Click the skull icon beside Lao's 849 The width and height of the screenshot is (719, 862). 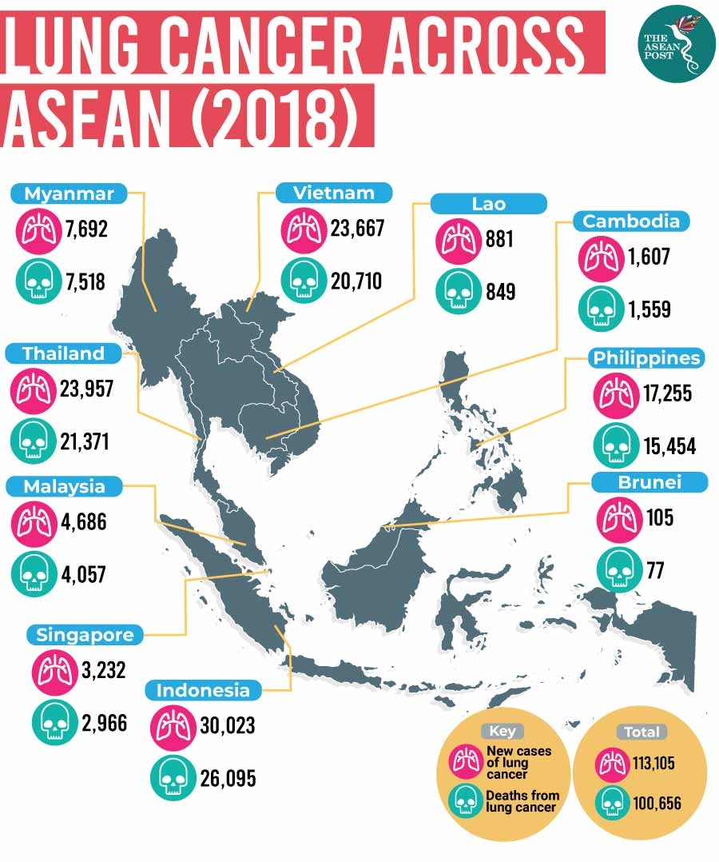tap(457, 291)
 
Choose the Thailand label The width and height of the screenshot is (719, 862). tap(64, 353)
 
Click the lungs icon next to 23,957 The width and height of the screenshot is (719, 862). tap(33, 389)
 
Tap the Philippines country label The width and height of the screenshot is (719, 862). tap(647, 357)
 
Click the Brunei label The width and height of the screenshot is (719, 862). tap(649, 482)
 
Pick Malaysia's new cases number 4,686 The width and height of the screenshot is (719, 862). tap(82, 523)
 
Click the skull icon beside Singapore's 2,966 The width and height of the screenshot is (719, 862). tap(53, 723)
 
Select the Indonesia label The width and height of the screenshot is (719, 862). tap(204, 689)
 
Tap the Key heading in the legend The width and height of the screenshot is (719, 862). tap(503, 731)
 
